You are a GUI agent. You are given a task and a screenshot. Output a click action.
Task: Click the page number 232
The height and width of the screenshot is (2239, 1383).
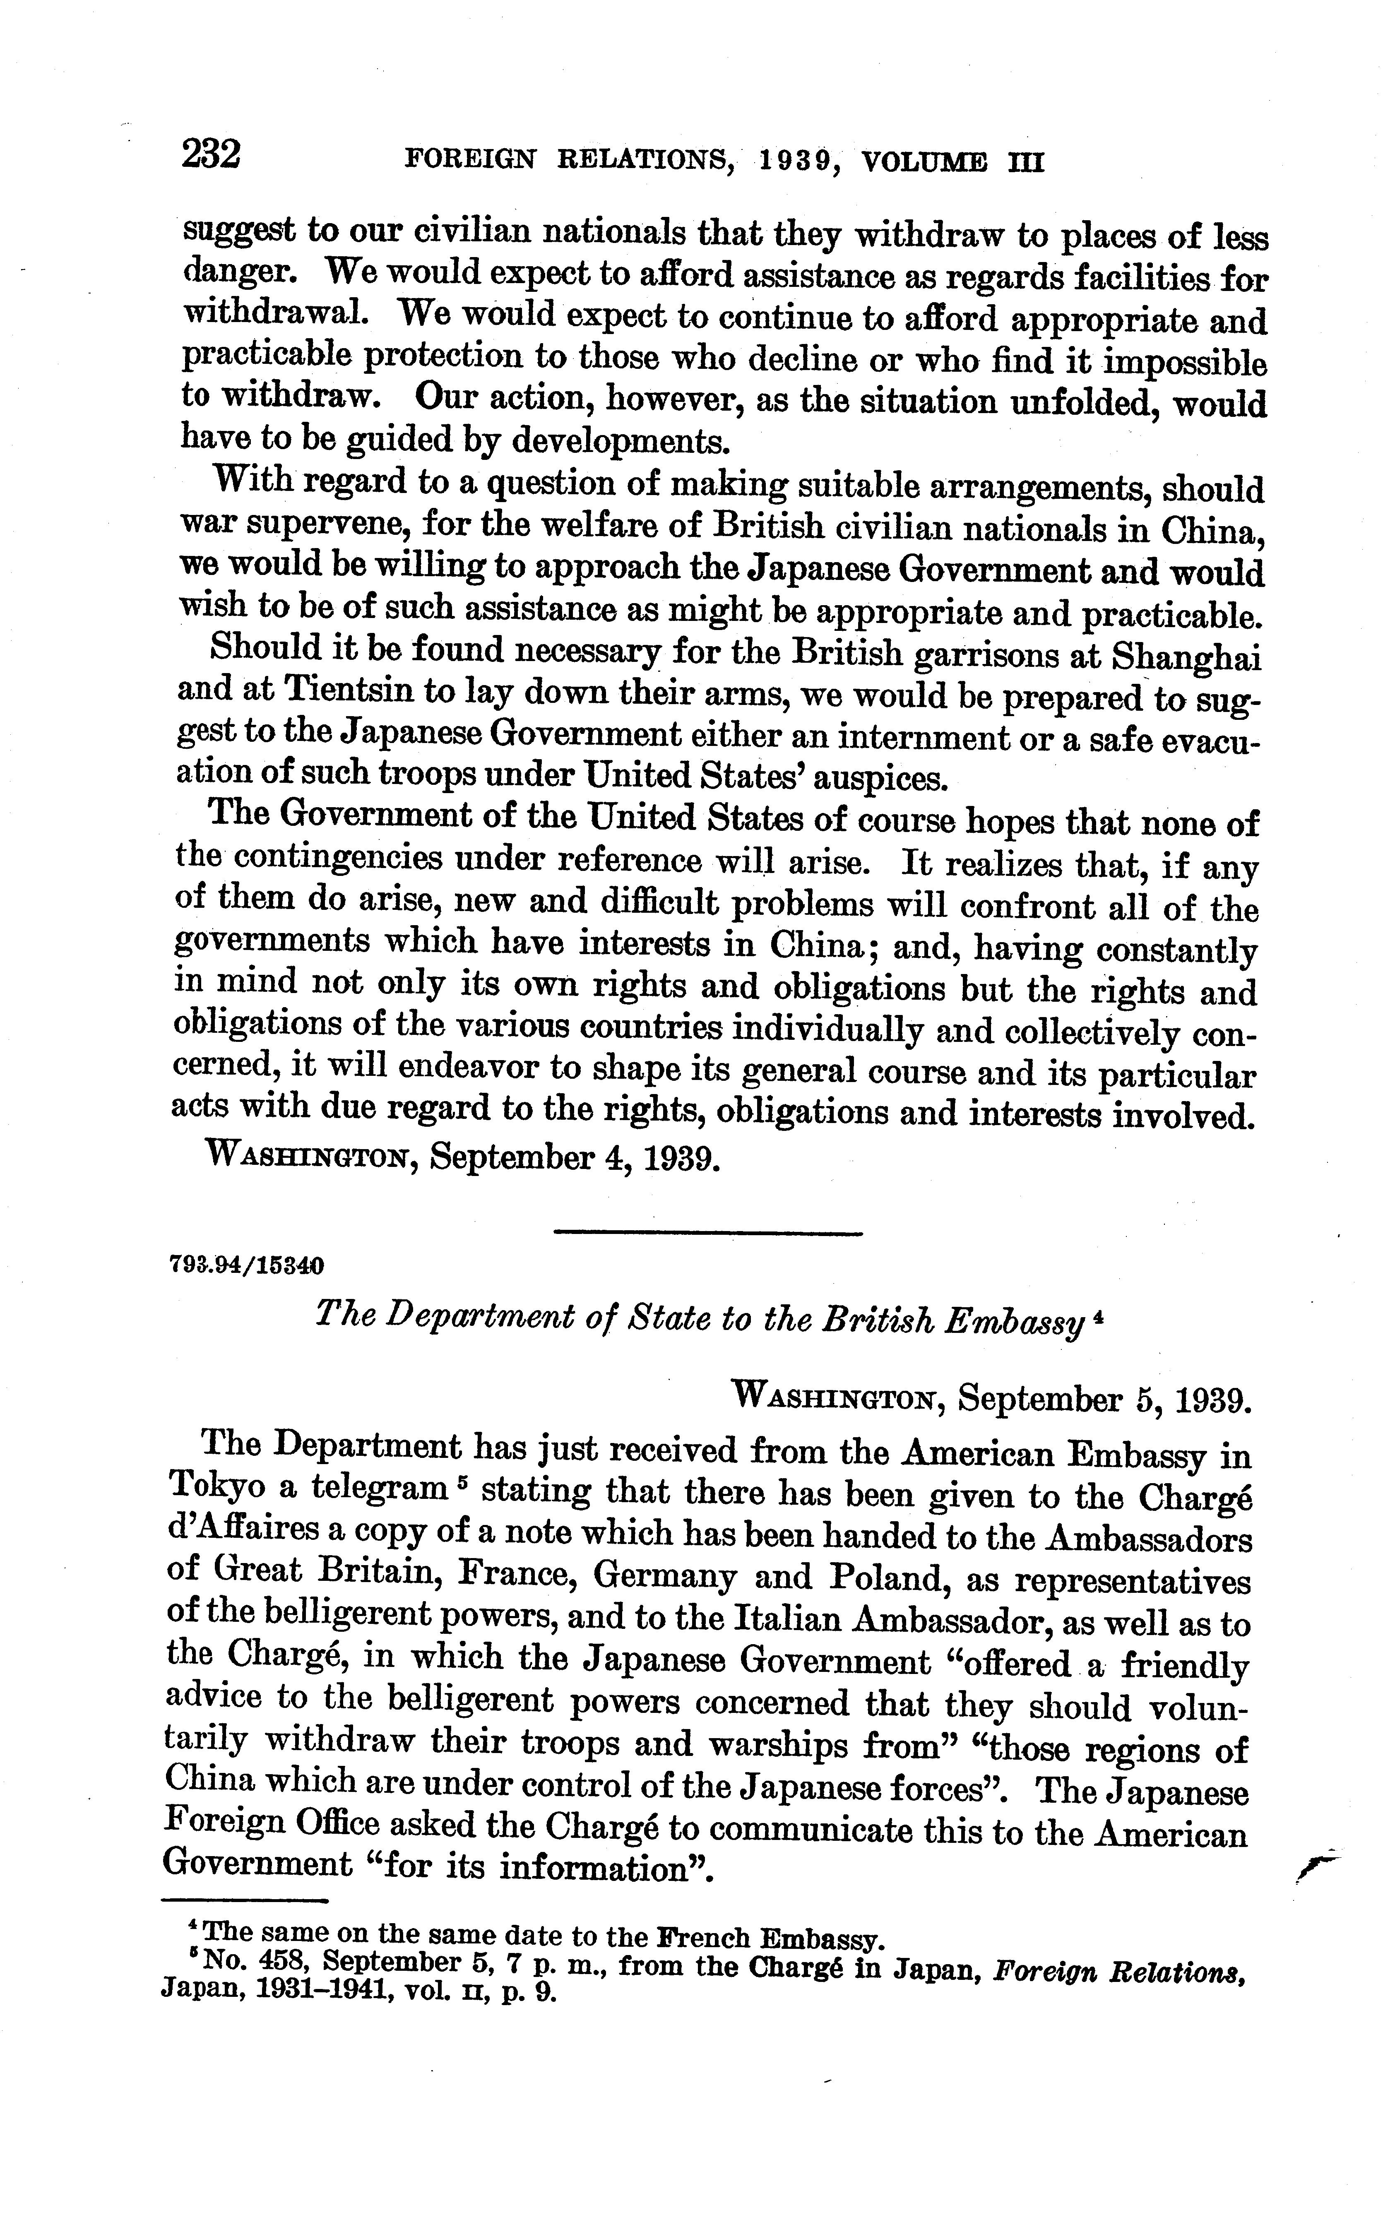(211, 154)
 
